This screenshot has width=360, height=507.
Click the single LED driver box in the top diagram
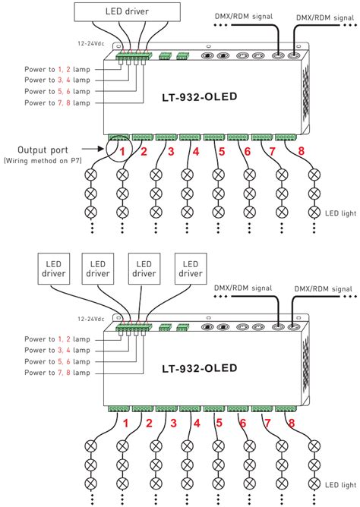tap(128, 13)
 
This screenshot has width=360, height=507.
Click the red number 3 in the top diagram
tap(171, 151)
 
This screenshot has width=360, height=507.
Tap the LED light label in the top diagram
tap(339, 213)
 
